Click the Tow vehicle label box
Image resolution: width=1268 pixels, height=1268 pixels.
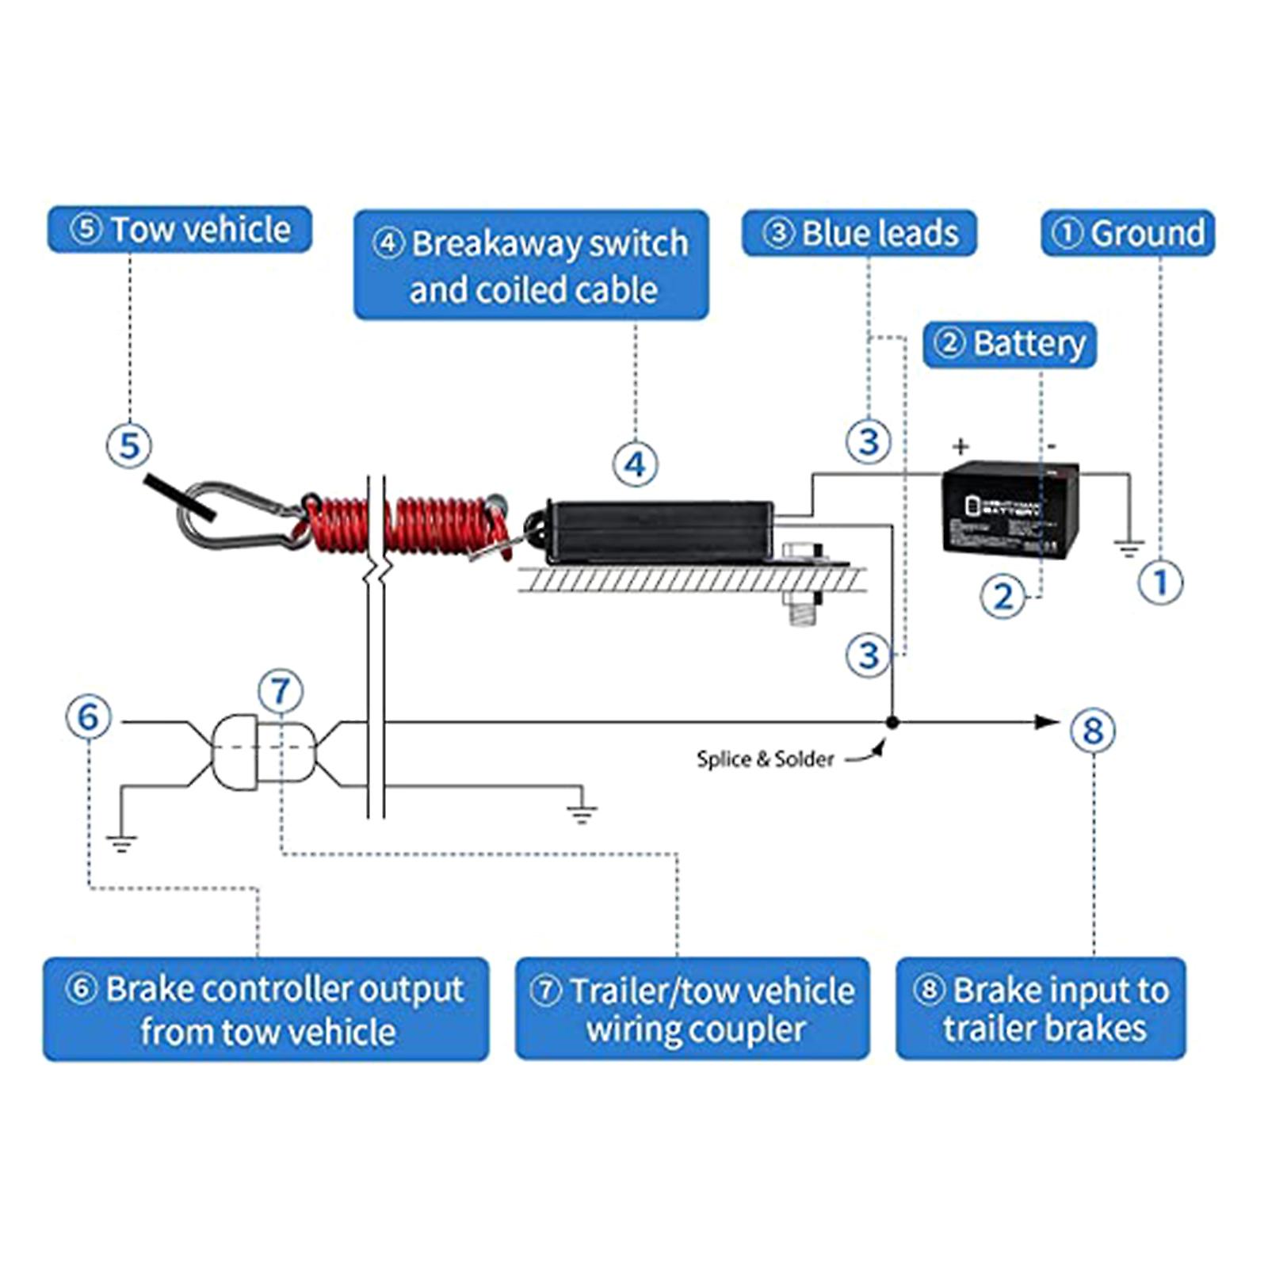tap(179, 230)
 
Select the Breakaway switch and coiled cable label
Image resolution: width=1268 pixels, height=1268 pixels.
tap(531, 265)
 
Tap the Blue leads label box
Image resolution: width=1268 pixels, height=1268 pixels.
tap(859, 233)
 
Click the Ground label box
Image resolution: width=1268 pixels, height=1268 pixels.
tap(1127, 233)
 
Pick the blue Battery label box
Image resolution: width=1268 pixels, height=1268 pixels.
tap(1010, 344)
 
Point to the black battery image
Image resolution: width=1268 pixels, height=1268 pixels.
tap(1010, 507)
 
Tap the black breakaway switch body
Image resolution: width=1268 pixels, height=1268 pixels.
tap(662, 531)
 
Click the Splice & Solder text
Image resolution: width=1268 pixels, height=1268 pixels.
tap(765, 759)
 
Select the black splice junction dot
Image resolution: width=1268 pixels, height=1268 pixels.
tap(892, 722)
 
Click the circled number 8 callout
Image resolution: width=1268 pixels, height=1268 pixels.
tap(1093, 730)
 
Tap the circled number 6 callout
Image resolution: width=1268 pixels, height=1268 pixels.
tap(89, 716)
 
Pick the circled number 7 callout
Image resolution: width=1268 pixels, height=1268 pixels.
tap(281, 691)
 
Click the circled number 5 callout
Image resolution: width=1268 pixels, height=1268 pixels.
tap(129, 445)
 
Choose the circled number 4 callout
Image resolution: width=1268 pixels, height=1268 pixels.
tap(636, 464)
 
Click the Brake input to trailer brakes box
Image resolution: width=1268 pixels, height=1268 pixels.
tap(1041, 1008)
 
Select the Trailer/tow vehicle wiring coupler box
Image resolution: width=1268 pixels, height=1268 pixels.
tap(692, 1008)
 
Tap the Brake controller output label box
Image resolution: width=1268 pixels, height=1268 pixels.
tap(266, 1009)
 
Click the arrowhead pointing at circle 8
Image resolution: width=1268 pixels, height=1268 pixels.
tap(1048, 722)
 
